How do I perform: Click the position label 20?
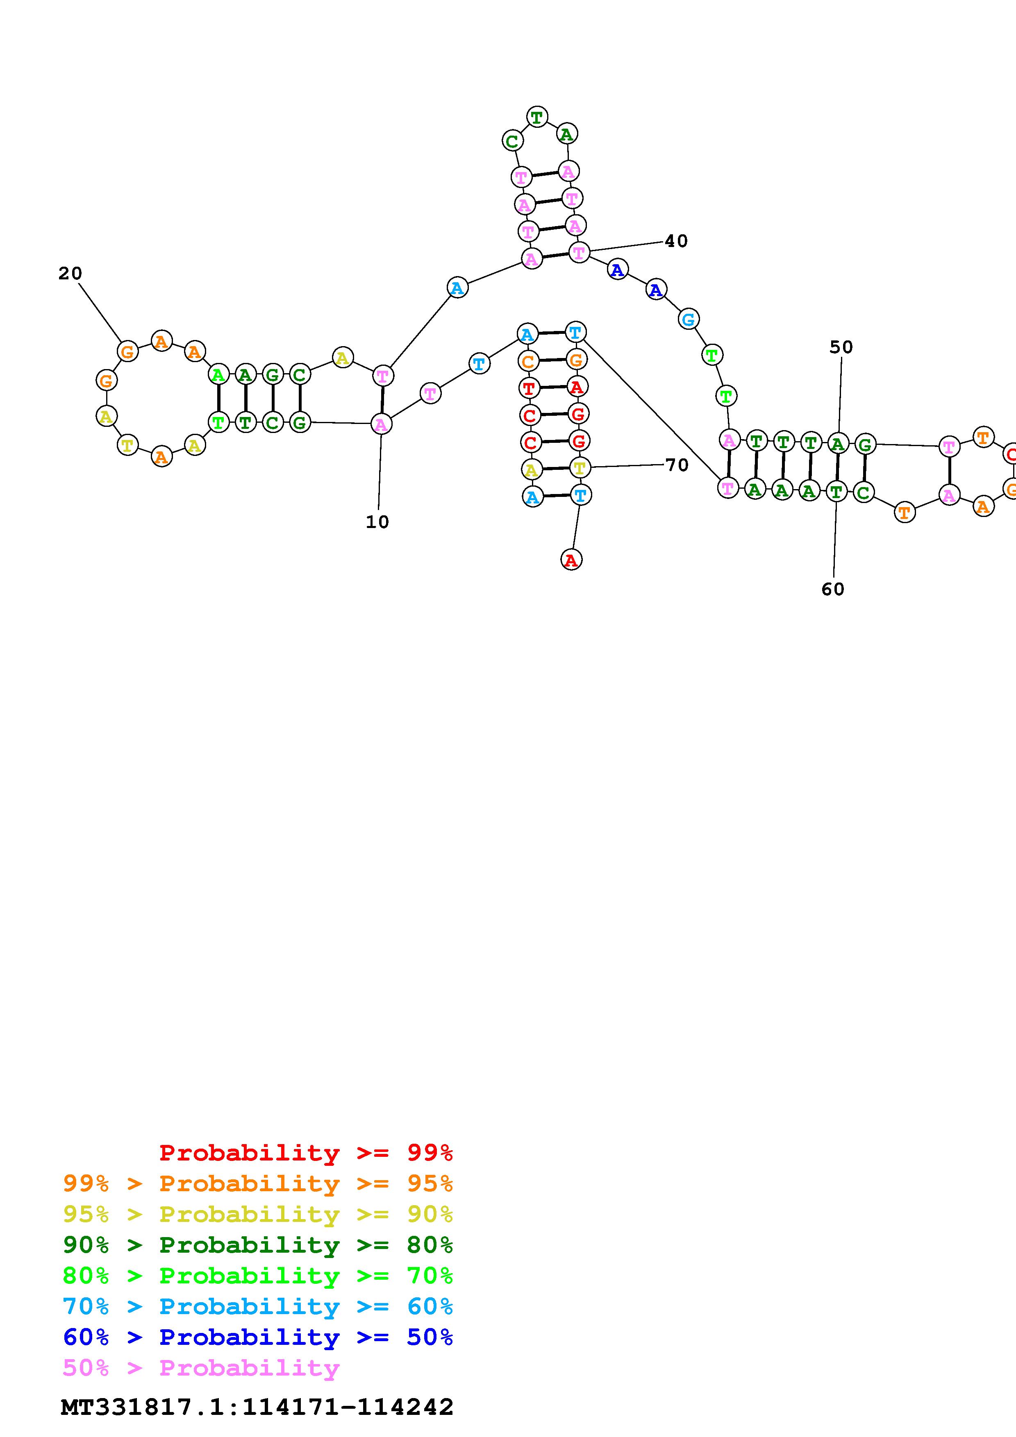point(70,274)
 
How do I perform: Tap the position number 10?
point(377,522)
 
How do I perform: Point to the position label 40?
point(676,241)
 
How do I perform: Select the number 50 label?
point(841,347)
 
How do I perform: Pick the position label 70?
point(677,465)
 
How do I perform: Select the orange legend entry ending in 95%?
point(258,1183)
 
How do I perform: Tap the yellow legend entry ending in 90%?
point(258,1214)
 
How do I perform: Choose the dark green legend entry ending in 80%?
point(258,1245)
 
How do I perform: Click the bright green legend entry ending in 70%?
point(258,1276)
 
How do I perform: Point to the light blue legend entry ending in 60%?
point(258,1306)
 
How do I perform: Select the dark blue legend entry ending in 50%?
point(258,1337)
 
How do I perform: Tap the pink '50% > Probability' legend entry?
point(201,1367)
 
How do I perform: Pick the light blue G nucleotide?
point(688,319)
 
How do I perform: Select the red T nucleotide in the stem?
point(529,388)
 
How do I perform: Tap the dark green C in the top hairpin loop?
point(512,141)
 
